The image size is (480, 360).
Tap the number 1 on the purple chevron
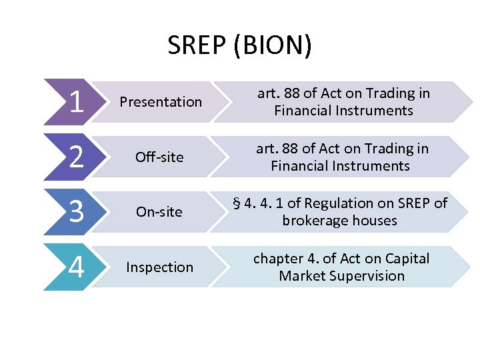click(76, 102)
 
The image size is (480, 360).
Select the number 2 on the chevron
click(76, 157)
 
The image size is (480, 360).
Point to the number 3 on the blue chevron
click(76, 212)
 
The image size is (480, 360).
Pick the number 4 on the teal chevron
click(76, 267)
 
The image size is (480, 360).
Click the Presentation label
click(160, 102)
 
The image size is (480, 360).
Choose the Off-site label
click(160, 157)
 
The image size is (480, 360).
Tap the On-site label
click(159, 212)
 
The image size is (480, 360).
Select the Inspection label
click(160, 267)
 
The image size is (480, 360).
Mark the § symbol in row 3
click(237, 204)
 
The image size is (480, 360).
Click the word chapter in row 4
click(277, 259)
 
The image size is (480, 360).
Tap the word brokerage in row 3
click(315, 221)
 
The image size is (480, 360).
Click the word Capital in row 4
click(406, 259)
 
